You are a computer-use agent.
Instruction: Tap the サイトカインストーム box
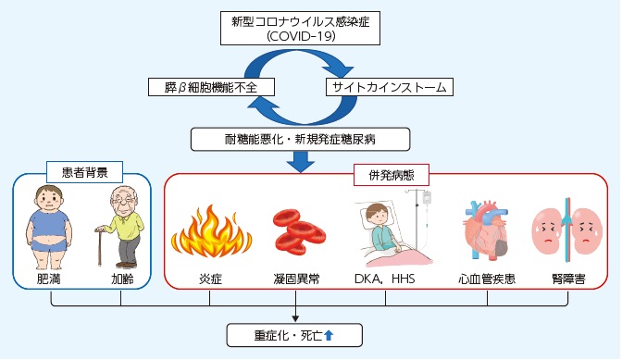tap(388, 87)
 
